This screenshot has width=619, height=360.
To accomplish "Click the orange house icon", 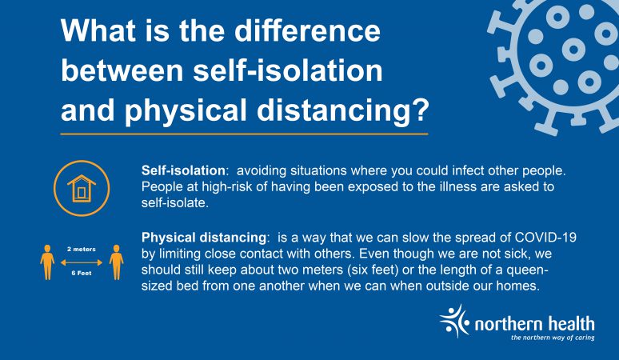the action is coord(82,189).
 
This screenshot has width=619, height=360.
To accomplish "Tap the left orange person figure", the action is coord(47,262).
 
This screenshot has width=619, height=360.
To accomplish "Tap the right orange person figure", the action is coord(117,262).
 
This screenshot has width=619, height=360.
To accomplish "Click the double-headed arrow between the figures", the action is coord(82,262).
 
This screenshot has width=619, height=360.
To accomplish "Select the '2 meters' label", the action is coord(82,249).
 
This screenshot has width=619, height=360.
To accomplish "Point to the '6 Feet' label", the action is coord(82,273).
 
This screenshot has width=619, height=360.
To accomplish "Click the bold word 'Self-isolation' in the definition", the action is coord(183,170).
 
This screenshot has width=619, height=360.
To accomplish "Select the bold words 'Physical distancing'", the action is coord(204,238).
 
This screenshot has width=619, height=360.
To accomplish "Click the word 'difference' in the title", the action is coord(307,30).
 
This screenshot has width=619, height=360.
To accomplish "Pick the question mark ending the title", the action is coord(420,109).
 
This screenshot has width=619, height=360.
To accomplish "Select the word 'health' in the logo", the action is coord(572,323).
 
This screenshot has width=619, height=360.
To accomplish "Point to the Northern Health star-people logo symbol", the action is coord(454,321).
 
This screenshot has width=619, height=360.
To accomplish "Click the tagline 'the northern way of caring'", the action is coord(553,338).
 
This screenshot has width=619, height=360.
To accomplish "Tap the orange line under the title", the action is coord(245,134).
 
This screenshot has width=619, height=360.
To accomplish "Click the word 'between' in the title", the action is coord(122,70).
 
